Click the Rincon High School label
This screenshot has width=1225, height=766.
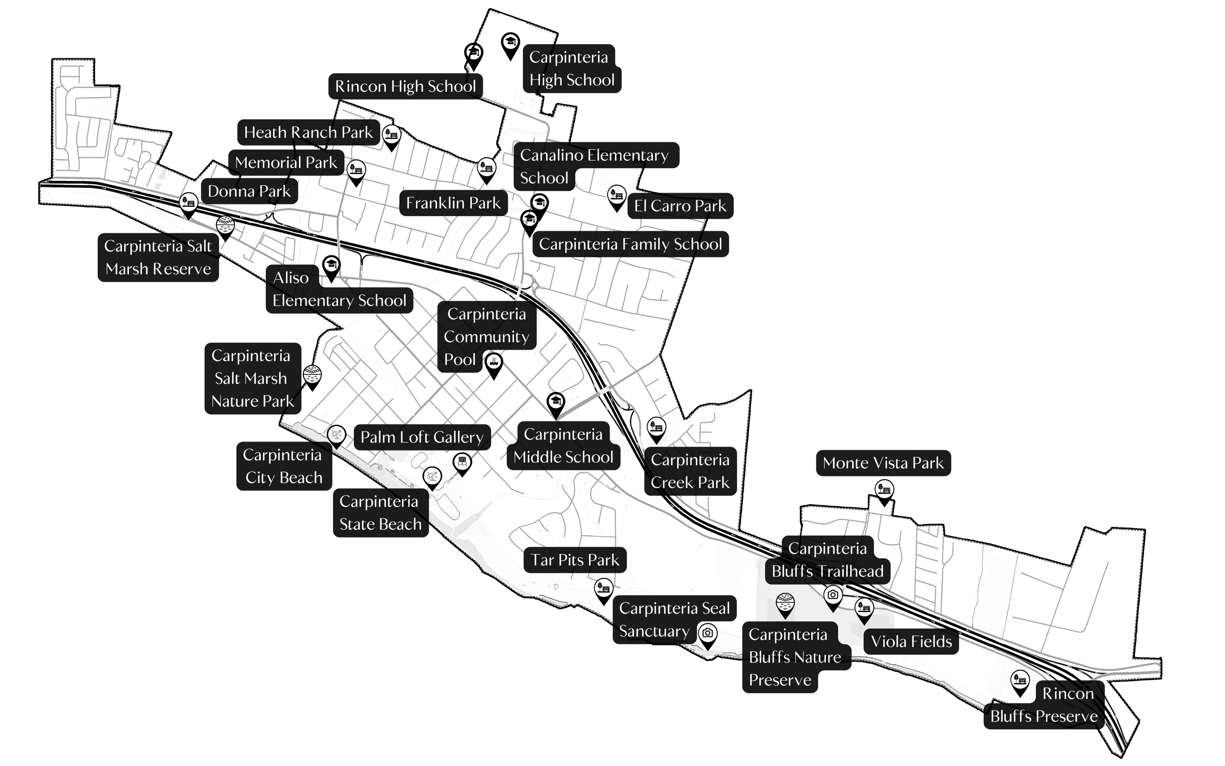click(405, 86)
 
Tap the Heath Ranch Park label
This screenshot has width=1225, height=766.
click(308, 132)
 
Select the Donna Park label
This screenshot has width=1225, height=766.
click(249, 191)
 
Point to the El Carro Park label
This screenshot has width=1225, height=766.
click(680, 206)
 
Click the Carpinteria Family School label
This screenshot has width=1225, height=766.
click(630, 244)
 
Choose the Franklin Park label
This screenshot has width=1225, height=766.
click(453, 203)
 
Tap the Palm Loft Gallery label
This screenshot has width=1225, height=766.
click(422, 437)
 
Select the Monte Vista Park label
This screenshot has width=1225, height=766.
click(882, 463)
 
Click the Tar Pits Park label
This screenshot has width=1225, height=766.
click(574, 560)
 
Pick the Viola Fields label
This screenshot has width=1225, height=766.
click(910, 642)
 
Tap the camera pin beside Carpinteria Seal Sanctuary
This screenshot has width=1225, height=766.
click(708, 634)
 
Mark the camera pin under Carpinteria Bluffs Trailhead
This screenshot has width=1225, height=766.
click(833, 595)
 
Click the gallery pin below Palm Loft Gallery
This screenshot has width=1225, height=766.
click(462, 462)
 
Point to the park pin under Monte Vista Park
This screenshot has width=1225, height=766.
click(884, 491)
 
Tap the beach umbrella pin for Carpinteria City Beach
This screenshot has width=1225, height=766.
click(336, 435)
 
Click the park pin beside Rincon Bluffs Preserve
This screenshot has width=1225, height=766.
click(1019, 680)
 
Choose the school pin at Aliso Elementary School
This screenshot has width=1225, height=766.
click(331, 266)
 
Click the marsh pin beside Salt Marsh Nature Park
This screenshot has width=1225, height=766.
click(312, 375)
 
